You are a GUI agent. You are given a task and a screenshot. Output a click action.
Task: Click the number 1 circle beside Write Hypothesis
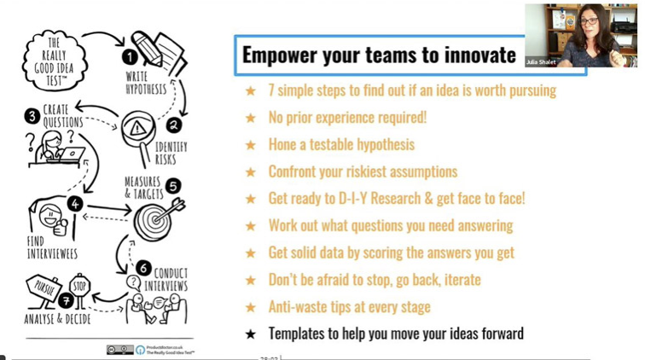coord(130,57)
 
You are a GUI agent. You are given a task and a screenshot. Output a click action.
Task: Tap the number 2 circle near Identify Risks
coord(174,125)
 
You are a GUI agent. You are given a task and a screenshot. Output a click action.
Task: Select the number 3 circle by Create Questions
coord(32,115)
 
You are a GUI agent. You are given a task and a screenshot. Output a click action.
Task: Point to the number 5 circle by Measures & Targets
coord(173,185)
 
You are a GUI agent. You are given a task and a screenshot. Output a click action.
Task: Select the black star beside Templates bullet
coord(250,334)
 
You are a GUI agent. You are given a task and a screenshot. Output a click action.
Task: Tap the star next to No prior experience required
coord(250,118)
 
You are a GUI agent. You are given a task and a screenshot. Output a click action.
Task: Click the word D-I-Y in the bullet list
coord(368,199)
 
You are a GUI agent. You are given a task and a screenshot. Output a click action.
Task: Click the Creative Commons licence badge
coord(119,350)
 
